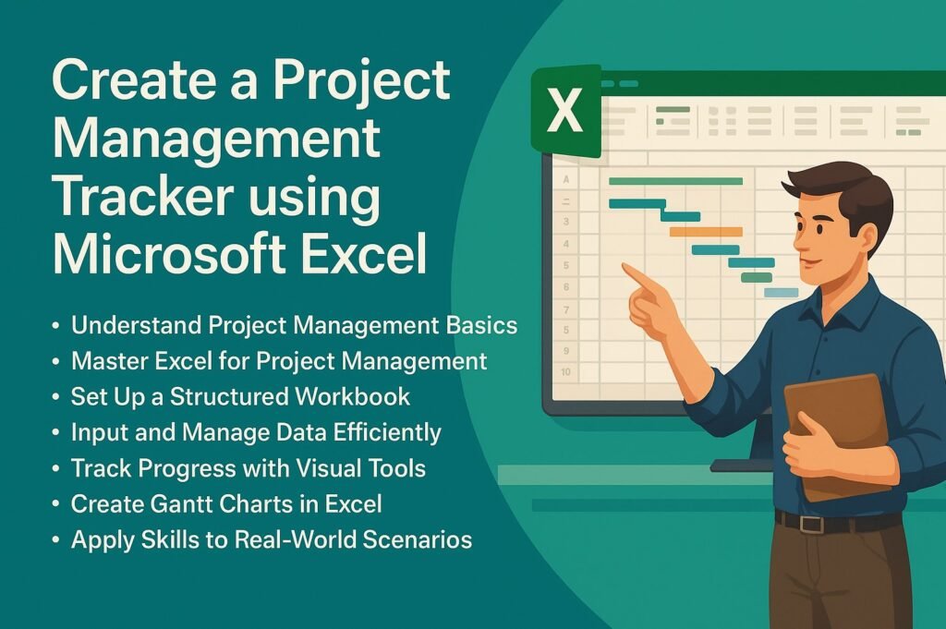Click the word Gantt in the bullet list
point(182,504)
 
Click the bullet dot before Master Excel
point(56,362)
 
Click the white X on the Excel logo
point(564,110)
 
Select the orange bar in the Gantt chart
point(706,232)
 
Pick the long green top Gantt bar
point(675,181)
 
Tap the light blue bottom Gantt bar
point(782,293)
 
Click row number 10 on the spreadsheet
point(565,372)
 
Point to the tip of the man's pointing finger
point(625,266)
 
